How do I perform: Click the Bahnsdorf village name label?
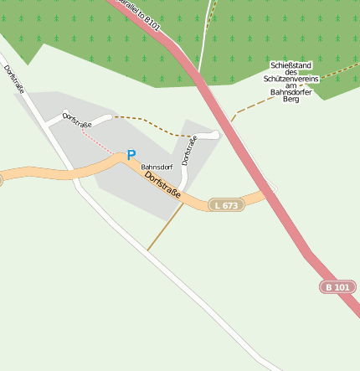pos(157,167)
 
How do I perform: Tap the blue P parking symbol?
pos(131,155)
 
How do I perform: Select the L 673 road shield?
pos(226,205)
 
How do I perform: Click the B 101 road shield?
pos(338,287)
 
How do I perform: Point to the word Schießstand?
pos(291,64)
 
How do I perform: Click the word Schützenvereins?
pos(291,78)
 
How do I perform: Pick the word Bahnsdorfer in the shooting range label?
pos(291,92)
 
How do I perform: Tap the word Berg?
pos(291,100)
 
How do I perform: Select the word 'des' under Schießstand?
pos(291,71)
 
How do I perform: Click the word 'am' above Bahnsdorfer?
pos(291,85)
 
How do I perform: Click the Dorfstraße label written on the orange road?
pos(164,187)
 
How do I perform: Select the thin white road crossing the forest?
pos(203,42)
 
